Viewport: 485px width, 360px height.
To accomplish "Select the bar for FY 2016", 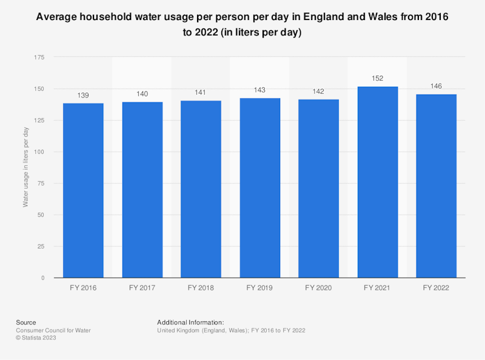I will click(84, 190).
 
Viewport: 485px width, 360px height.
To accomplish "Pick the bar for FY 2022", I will click(436, 186).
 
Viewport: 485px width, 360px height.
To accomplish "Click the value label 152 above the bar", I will click(378, 78).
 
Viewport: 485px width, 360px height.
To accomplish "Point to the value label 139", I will click(84, 95).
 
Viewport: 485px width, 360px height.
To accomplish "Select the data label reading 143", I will click(260, 90).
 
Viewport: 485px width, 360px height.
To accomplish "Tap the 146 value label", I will click(436, 86).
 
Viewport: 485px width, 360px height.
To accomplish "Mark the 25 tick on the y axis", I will click(41, 247).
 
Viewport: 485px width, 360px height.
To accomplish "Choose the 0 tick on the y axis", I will click(42, 278).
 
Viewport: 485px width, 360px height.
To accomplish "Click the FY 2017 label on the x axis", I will click(142, 288).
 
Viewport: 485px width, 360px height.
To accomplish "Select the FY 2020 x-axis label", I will click(319, 288).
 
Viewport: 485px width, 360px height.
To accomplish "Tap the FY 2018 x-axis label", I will click(201, 288).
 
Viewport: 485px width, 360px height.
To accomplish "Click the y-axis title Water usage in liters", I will click(25, 167).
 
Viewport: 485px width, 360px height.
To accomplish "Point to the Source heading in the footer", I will click(26, 322).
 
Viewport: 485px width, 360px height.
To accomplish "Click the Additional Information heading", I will click(191, 322).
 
